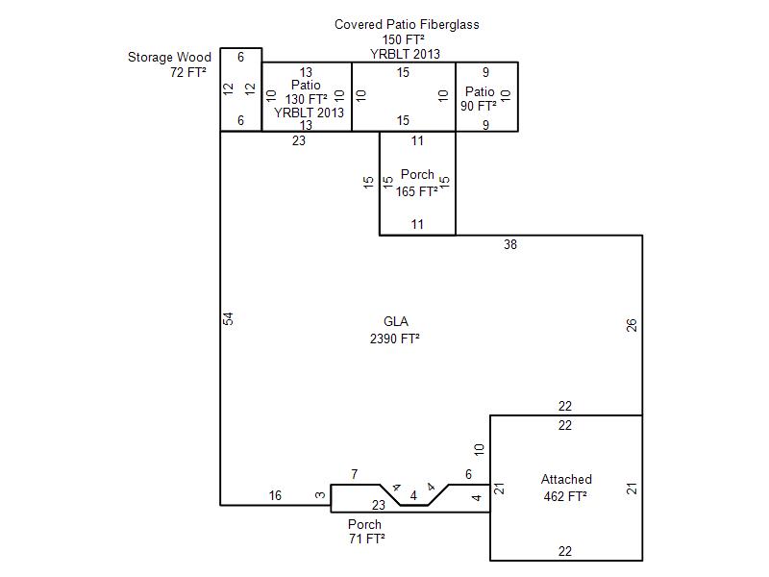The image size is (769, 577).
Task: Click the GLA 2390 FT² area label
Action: pos(395,330)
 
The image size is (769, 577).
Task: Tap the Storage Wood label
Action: pos(169,57)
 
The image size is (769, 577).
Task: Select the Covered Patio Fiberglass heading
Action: pos(407,25)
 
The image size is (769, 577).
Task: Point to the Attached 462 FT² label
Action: pos(566,488)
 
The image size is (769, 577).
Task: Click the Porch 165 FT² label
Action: pos(417,183)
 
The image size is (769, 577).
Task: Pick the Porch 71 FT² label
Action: pos(366,532)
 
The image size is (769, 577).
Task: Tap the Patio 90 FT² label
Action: pos(479,99)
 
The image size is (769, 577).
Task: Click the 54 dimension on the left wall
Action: pos(228,318)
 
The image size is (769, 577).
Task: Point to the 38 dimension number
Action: pos(510,244)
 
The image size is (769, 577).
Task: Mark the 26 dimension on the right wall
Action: pos(632,325)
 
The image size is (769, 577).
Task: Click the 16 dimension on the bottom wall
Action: pos(275,495)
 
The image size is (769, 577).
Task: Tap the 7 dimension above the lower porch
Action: pos(354,474)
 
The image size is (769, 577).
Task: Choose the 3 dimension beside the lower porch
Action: pos(320,495)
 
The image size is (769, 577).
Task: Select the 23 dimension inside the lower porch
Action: pos(378,505)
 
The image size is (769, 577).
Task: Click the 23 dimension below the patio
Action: pos(299,140)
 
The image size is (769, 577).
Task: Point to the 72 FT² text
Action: pos(187,72)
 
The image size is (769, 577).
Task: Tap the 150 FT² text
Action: pos(403,39)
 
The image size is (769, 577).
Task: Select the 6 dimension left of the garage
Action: pos(468,474)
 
